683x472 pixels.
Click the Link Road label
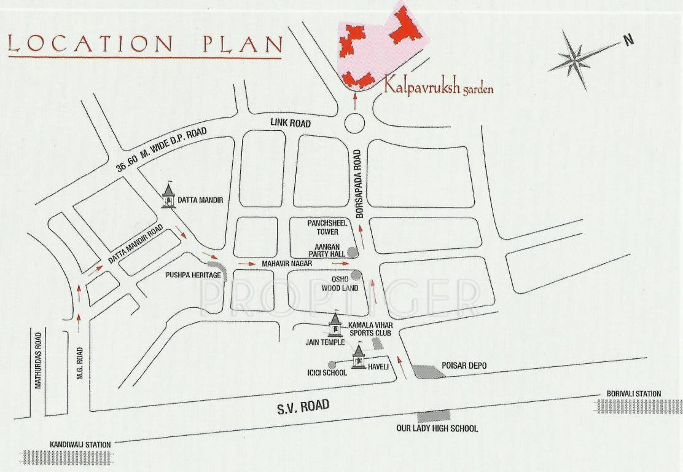click(x=291, y=124)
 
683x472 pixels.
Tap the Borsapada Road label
click(x=361, y=178)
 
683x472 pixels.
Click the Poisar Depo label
click(x=464, y=366)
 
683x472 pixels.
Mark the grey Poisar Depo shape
click(x=427, y=371)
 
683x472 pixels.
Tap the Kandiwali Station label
click(x=80, y=444)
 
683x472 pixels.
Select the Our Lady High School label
click(x=437, y=428)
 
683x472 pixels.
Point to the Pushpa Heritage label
click(x=193, y=275)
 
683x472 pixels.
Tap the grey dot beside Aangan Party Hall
click(x=352, y=251)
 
